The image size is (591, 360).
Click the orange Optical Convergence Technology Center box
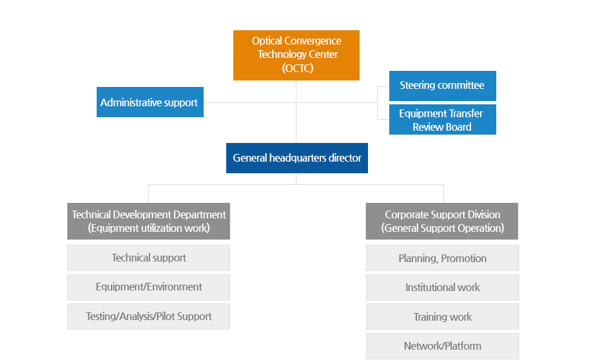296,55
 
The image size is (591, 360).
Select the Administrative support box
150,102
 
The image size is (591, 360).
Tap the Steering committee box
443,86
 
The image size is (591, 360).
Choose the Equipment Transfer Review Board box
443,119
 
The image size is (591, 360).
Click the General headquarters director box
297,158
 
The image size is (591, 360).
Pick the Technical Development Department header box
148,221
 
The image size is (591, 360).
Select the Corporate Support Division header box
441,221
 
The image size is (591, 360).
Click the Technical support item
148,258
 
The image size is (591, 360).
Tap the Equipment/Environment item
148,287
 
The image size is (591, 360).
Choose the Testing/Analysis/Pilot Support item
148,317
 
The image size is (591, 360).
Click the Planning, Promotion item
442,258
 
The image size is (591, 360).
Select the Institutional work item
442,287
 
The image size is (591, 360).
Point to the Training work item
442,317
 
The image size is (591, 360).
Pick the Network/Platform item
442,346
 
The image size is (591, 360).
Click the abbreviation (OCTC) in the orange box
298,68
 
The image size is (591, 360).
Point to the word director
345,158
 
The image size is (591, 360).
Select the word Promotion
463,258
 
